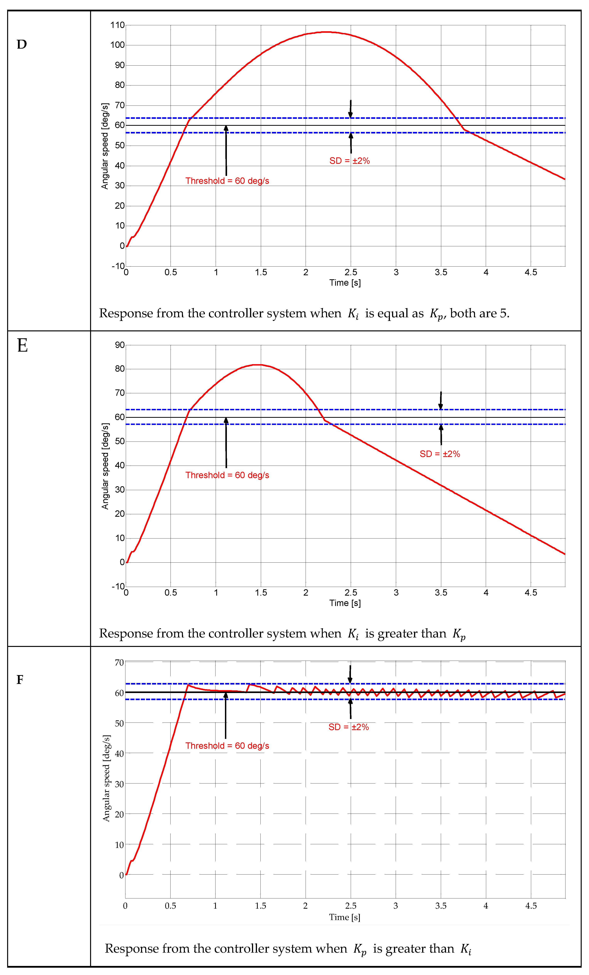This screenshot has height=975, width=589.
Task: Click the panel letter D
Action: tap(22, 44)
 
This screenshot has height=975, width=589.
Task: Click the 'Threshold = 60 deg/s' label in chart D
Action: tap(227, 181)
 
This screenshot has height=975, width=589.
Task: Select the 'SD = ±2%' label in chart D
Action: tap(350, 161)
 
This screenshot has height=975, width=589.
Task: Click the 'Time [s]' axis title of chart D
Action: tap(345, 283)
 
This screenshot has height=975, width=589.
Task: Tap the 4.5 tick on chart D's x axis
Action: tap(531, 272)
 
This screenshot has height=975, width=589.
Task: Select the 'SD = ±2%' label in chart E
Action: tap(440, 454)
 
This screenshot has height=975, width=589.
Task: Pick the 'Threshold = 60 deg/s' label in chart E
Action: tap(227, 475)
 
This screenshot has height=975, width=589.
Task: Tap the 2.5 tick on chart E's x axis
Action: tap(351, 592)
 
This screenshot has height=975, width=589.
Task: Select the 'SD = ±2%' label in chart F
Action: tap(348, 727)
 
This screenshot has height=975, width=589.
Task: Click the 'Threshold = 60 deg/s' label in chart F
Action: tap(227, 745)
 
